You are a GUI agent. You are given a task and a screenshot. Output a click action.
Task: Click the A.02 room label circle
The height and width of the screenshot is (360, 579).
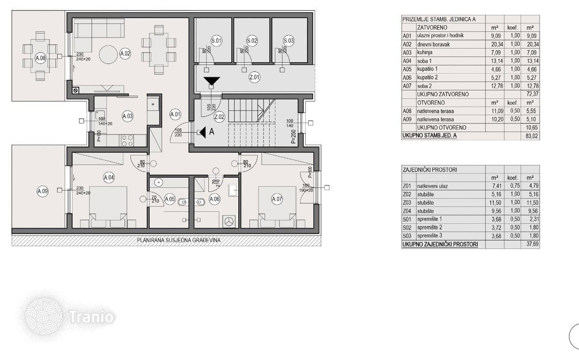point(126,54)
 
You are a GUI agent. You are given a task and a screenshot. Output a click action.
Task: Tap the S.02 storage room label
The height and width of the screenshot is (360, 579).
point(252,41)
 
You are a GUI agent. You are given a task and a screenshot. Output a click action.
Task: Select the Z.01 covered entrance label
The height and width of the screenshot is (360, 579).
point(255,77)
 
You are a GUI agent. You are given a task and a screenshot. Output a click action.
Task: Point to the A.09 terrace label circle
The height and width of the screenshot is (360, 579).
point(42,191)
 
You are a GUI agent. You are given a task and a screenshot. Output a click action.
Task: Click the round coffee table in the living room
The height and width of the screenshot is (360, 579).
point(108,54)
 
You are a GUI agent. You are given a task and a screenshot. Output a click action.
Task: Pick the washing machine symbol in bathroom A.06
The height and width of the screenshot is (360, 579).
point(229,222)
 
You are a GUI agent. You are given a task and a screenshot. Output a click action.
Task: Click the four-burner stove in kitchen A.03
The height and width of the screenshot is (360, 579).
point(127,141)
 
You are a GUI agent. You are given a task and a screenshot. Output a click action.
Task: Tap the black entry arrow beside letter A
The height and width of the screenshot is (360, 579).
point(202,132)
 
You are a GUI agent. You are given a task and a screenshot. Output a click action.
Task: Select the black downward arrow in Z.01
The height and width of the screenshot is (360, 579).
point(212,81)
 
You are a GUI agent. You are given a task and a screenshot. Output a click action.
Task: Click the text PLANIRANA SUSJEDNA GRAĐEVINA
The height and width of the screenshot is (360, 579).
point(179,240)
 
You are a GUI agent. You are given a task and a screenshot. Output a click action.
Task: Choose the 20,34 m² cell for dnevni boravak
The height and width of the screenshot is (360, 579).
point(497,45)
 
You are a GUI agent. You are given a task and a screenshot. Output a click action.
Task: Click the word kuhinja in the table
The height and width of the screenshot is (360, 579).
point(424,53)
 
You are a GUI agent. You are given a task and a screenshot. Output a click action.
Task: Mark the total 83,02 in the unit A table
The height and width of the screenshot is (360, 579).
point(531,136)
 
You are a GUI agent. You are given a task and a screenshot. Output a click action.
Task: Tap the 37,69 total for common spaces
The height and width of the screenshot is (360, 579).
point(532,244)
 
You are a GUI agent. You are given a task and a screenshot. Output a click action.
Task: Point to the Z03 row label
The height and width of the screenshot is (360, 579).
point(407,203)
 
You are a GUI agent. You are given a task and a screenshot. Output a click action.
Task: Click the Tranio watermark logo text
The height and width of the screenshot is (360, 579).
point(91,317)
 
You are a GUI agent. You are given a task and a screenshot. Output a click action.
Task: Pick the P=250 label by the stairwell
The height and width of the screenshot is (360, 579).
point(293,136)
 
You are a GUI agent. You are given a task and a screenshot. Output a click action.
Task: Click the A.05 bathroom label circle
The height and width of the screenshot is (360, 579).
point(170,199)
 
